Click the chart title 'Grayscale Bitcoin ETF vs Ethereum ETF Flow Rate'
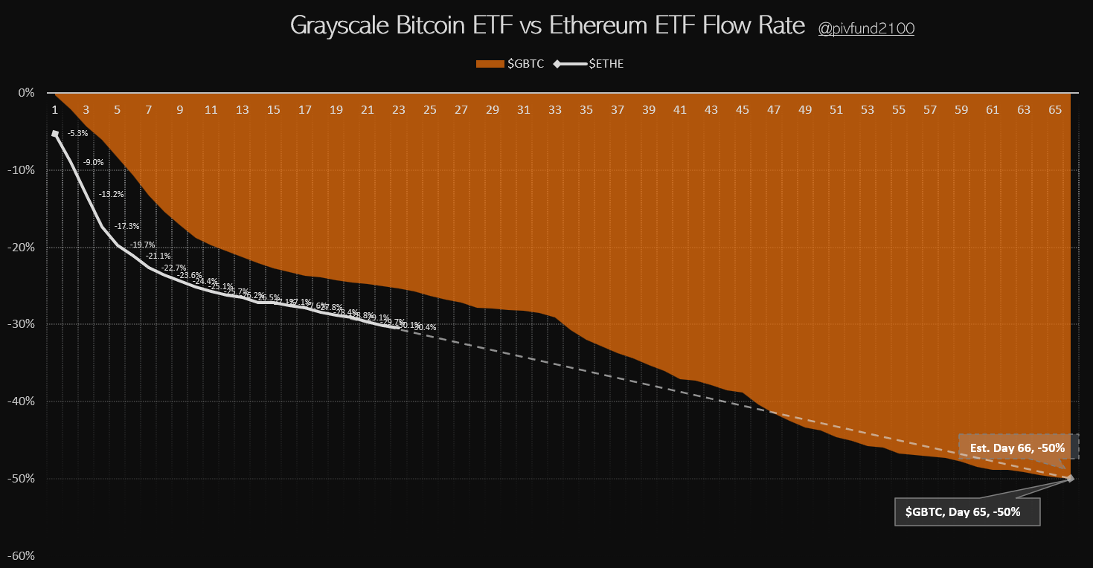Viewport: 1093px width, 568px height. coord(547,26)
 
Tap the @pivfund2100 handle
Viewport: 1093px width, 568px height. coord(866,28)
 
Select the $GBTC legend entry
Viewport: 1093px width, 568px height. coord(510,64)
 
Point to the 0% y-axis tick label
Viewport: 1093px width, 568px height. coord(27,93)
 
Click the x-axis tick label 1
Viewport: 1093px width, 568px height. coord(54,110)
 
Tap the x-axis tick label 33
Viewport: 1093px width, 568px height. coord(555,110)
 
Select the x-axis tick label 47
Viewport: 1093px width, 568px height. coord(774,110)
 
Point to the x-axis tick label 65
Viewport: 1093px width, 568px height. coord(1055,110)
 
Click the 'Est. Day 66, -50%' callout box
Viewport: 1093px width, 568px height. coord(1017,448)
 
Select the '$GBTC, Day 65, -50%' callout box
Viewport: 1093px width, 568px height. coord(967,511)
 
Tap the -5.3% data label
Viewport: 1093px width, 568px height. coord(77,134)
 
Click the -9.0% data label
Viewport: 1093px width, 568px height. coord(93,163)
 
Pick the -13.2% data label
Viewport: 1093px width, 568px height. coord(112,194)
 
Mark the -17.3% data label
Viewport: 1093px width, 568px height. coord(127,225)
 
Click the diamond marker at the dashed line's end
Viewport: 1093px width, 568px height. coord(1071,478)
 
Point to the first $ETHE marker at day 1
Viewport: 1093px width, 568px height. coord(55,134)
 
